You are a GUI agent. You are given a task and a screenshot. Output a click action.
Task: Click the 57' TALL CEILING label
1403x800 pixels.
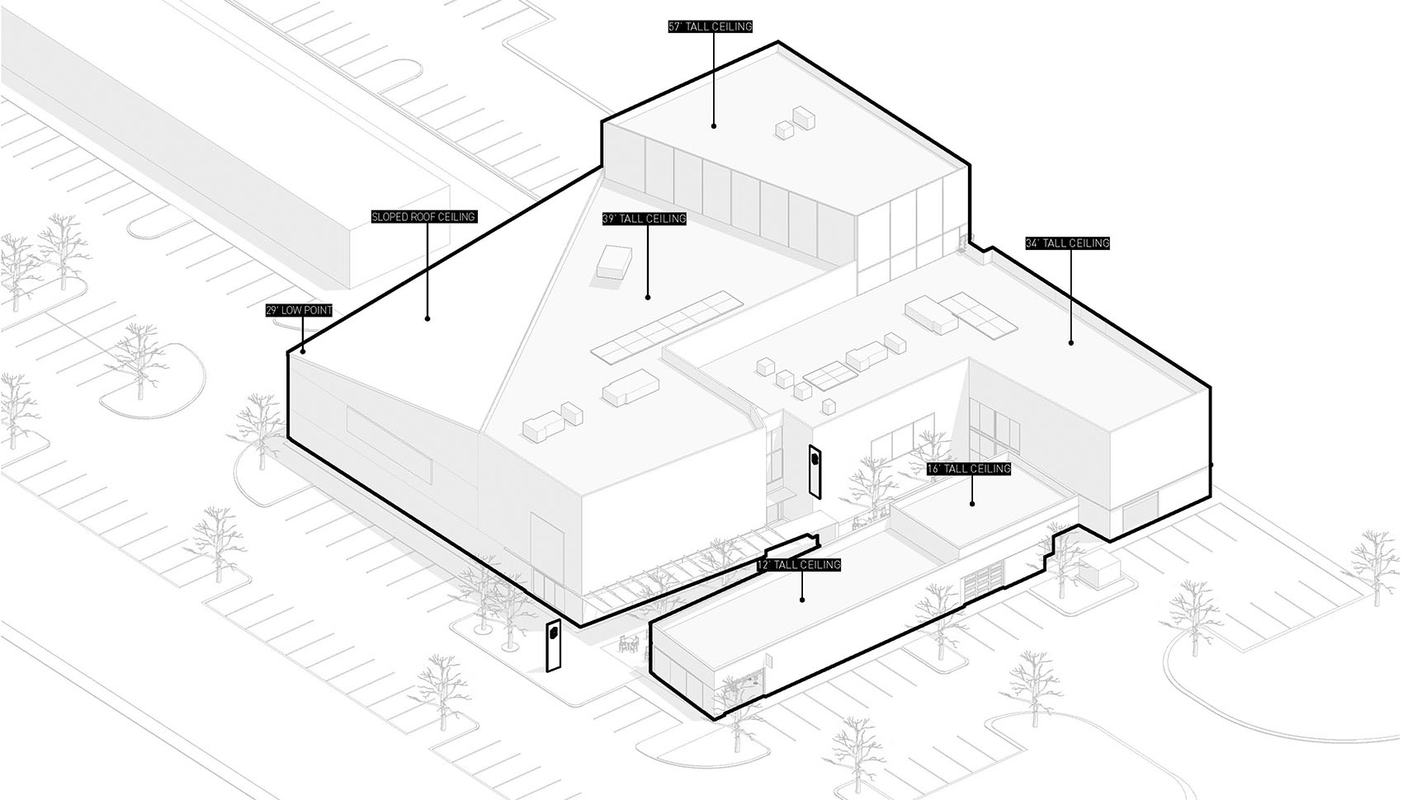[711, 26]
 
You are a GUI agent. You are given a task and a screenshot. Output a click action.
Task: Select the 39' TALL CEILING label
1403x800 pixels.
[645, 219]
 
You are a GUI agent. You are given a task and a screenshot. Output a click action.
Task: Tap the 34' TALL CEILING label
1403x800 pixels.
[1067, 242]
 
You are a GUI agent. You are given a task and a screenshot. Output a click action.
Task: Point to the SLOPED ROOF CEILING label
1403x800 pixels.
[424, 217]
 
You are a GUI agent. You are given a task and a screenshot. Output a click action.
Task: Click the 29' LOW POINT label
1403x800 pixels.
[299, 310]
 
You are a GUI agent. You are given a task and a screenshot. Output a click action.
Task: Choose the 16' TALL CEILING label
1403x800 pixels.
[969, 468]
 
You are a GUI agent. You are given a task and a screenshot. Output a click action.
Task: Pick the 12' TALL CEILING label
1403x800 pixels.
[799, 565]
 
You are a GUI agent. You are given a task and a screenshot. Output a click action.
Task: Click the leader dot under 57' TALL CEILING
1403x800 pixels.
[713, 126]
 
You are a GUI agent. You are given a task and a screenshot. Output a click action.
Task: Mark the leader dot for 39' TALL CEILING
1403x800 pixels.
[648, 297]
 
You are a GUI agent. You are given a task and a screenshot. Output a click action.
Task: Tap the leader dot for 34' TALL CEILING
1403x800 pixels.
[1071, 342]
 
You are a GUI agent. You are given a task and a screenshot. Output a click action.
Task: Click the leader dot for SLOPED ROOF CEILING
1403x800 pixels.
[428, 318]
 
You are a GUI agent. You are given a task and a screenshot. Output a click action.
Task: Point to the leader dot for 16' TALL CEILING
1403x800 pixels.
[972, 503]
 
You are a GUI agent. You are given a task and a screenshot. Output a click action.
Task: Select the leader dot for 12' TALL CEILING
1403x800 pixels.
[802, 600]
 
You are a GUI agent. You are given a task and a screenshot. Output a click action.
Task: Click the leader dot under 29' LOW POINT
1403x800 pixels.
[303, 351]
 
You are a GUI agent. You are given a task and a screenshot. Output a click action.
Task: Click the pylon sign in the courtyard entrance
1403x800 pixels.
[815, 472]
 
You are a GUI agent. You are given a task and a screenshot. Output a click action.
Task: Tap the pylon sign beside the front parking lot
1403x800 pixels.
[554, 646]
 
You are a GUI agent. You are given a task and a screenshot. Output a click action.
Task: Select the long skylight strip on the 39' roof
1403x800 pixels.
[668, 327]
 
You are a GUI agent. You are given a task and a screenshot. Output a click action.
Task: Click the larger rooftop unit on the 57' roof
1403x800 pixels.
[804, 118]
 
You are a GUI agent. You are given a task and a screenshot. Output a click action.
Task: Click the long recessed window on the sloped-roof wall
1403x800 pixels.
[389, 445]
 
